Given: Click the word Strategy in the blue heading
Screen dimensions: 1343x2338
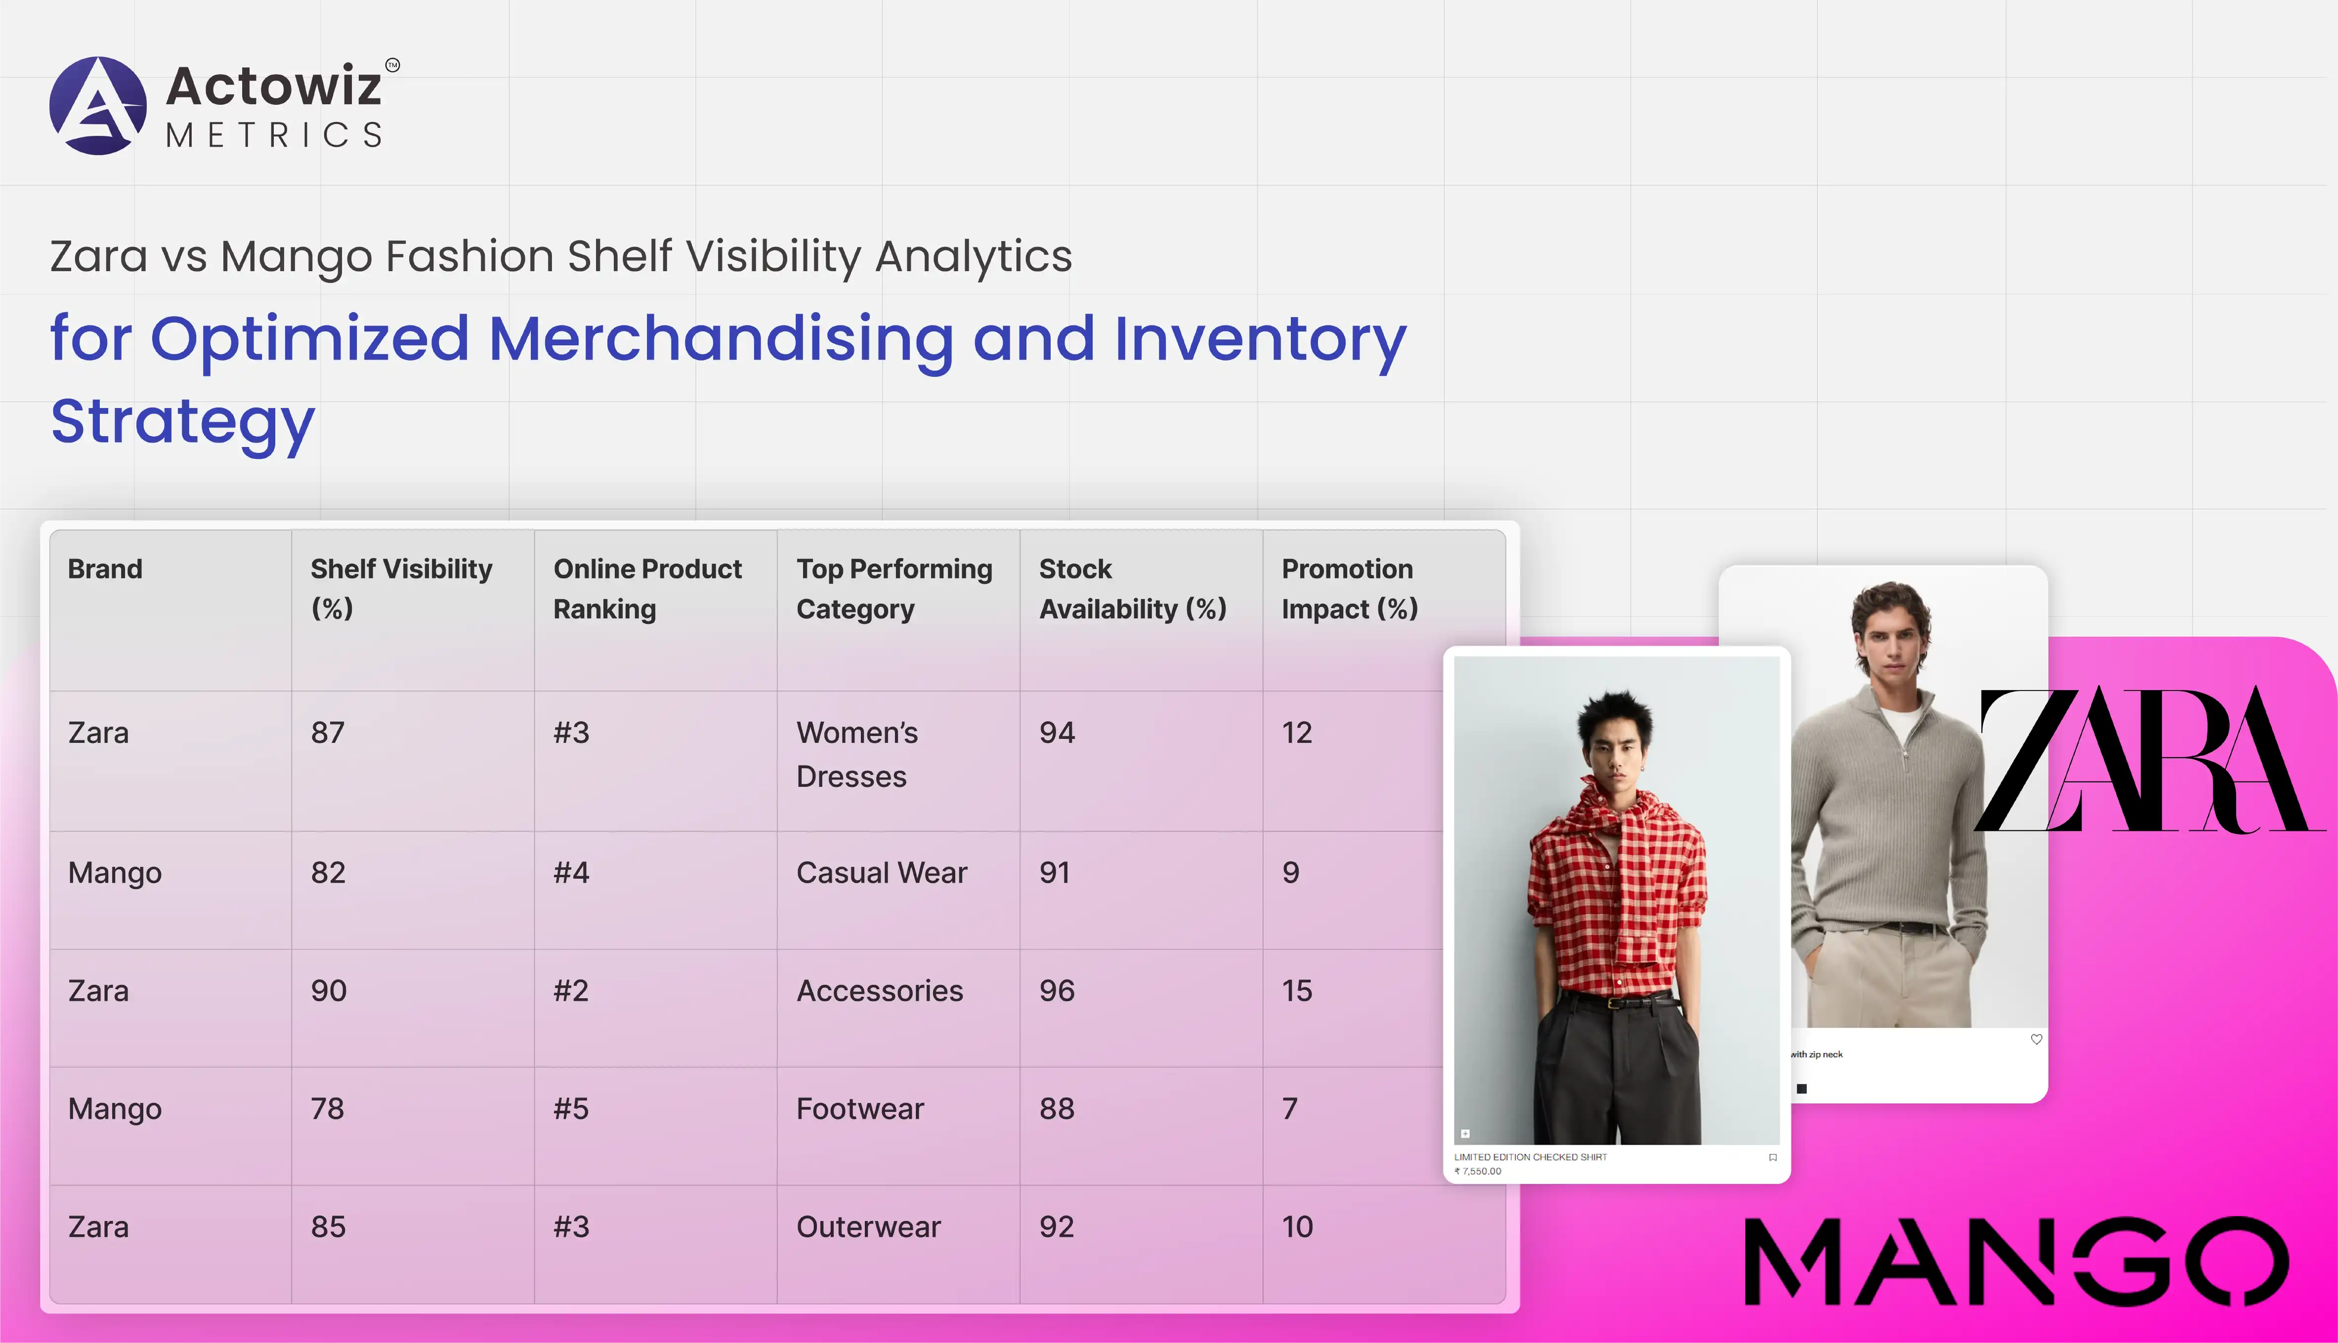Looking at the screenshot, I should [x=183, y=421].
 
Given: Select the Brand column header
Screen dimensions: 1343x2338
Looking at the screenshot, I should [x=105, y=569].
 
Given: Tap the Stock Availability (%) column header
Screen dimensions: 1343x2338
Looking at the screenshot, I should [x=1132, y=588].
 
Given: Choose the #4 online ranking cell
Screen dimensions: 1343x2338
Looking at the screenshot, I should [x=571, y=873].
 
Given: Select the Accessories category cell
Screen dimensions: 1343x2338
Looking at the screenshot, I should [x=879, y=991].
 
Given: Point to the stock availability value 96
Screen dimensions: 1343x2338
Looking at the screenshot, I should [x=1057, y=991].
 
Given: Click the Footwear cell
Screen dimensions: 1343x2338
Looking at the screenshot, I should [x=860, y=1109].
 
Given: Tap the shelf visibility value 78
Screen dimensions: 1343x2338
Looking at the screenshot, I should [x=328, y=1109].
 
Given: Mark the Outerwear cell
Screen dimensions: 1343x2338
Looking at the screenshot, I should [x=868, y=1227].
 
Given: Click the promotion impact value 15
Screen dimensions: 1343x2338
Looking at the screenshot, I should [x=1296, y=991].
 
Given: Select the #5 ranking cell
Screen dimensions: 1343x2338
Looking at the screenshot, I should [x=571, y=1109].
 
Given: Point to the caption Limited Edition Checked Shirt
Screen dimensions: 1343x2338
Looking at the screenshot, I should [x=1530, y=1157].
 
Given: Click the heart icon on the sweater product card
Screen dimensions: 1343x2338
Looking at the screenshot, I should [x=2036, y=1040].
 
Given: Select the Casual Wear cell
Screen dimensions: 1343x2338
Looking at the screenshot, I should [x=881, y=873].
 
